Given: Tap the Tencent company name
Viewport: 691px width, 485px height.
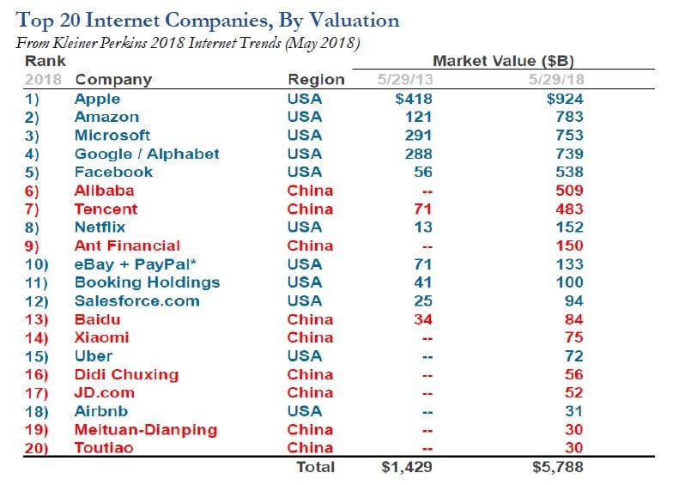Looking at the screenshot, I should (x=106, y=209).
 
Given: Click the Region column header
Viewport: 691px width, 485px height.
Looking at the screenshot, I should (x=316, y=80).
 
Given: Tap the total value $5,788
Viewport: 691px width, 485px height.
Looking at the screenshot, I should (x=559, y=467).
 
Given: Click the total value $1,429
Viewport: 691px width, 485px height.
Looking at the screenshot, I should (x=406, y=467).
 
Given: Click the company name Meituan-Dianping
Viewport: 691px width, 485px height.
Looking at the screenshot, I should (x=145, y=429).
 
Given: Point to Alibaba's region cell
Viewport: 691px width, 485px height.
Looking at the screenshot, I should (x=310, y=191).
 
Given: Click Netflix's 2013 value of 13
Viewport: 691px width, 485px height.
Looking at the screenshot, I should (x=422, y=227).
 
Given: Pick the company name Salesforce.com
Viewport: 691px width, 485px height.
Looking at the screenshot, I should (x=136, y=301).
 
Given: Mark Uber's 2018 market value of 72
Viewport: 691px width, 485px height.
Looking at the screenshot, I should (x=573, y=356).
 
